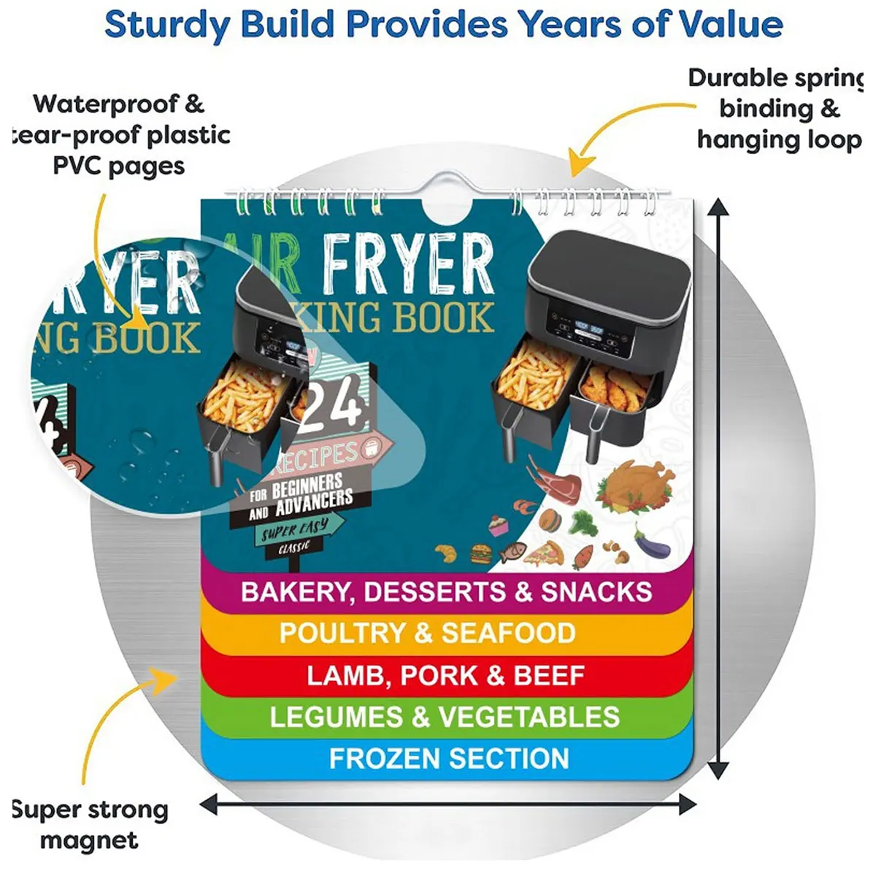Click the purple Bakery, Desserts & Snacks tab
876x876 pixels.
pyautogui.click(x=446, y=591)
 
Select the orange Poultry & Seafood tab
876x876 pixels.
pyautogui.click(x=428, y=633)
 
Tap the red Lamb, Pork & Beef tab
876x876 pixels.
pyautogui.click(x=445, y=675)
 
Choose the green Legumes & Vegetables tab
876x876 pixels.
pyautogui.click(x=445, y=717)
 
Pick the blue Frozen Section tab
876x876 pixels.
pyautogui.click(x=449, y=758)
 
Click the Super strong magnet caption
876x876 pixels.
pyautogui.click(x=89, y=824)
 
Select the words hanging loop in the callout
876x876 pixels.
pyautogui.click(x=778, y=139)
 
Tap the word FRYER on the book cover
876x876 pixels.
pyautogui.click(x=408, y=264)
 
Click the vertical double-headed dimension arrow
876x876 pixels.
pyautogui.click(x=719, y=489)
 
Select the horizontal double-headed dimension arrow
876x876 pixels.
pyautogui.click(x=448, y=805)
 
